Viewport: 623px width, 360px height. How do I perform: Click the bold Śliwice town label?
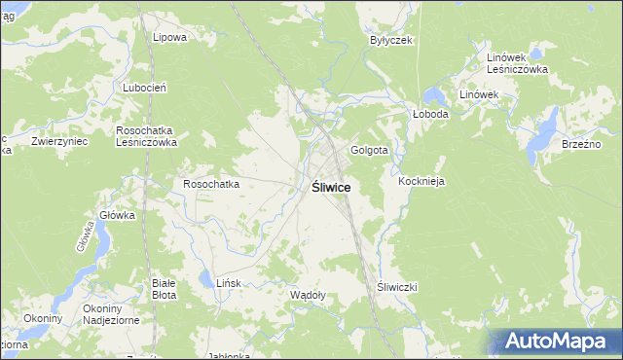click(x=331, y=187)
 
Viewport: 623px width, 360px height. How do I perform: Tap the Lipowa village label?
click(x=169, y=37)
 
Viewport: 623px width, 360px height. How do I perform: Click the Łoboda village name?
click(x=430, y=114)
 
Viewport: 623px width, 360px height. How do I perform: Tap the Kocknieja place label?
click(x=421, y=182)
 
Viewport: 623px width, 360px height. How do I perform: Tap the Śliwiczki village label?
click(x=397, y=287)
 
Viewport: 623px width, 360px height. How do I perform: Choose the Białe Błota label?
click(x=163, y=288)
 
